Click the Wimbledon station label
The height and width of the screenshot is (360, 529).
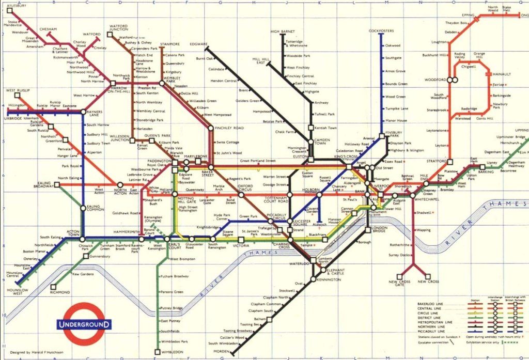click(173, 352)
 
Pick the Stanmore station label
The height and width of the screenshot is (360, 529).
click(170, 44)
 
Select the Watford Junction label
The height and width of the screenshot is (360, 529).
click(118, 28)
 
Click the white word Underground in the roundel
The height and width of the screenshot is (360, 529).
click(84, 325)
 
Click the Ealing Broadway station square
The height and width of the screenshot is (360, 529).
click(57, 184)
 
